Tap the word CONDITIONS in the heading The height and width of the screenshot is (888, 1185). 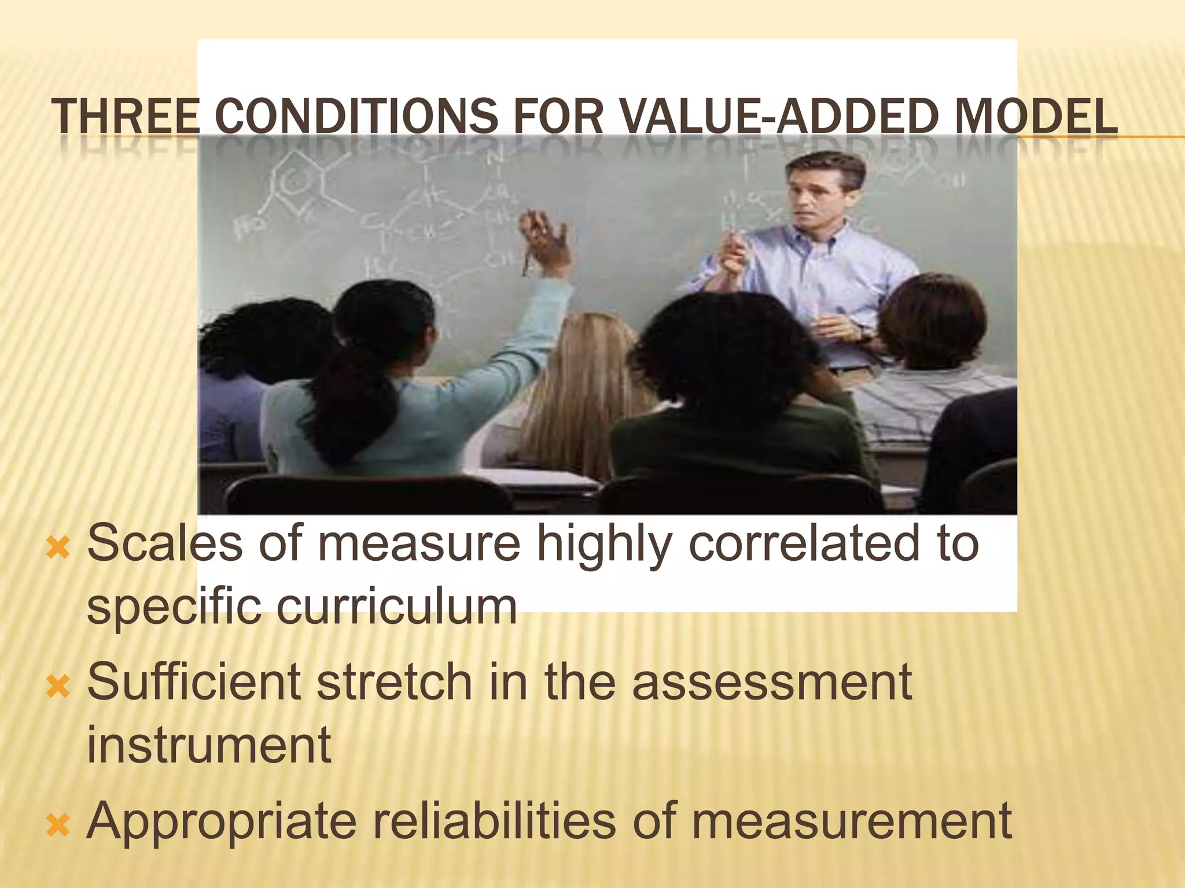click(x=356, y=116)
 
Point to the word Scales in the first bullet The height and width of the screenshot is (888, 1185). click(x=164, y=543)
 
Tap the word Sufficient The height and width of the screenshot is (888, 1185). click(x=194, y=682)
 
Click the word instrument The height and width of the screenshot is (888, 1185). click(x=209, y=746)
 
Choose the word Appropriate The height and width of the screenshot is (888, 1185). click(x=222, y=821)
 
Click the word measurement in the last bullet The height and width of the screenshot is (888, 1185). click(x=851, y=821)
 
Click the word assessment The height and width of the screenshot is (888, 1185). click(x=772, y=682)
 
